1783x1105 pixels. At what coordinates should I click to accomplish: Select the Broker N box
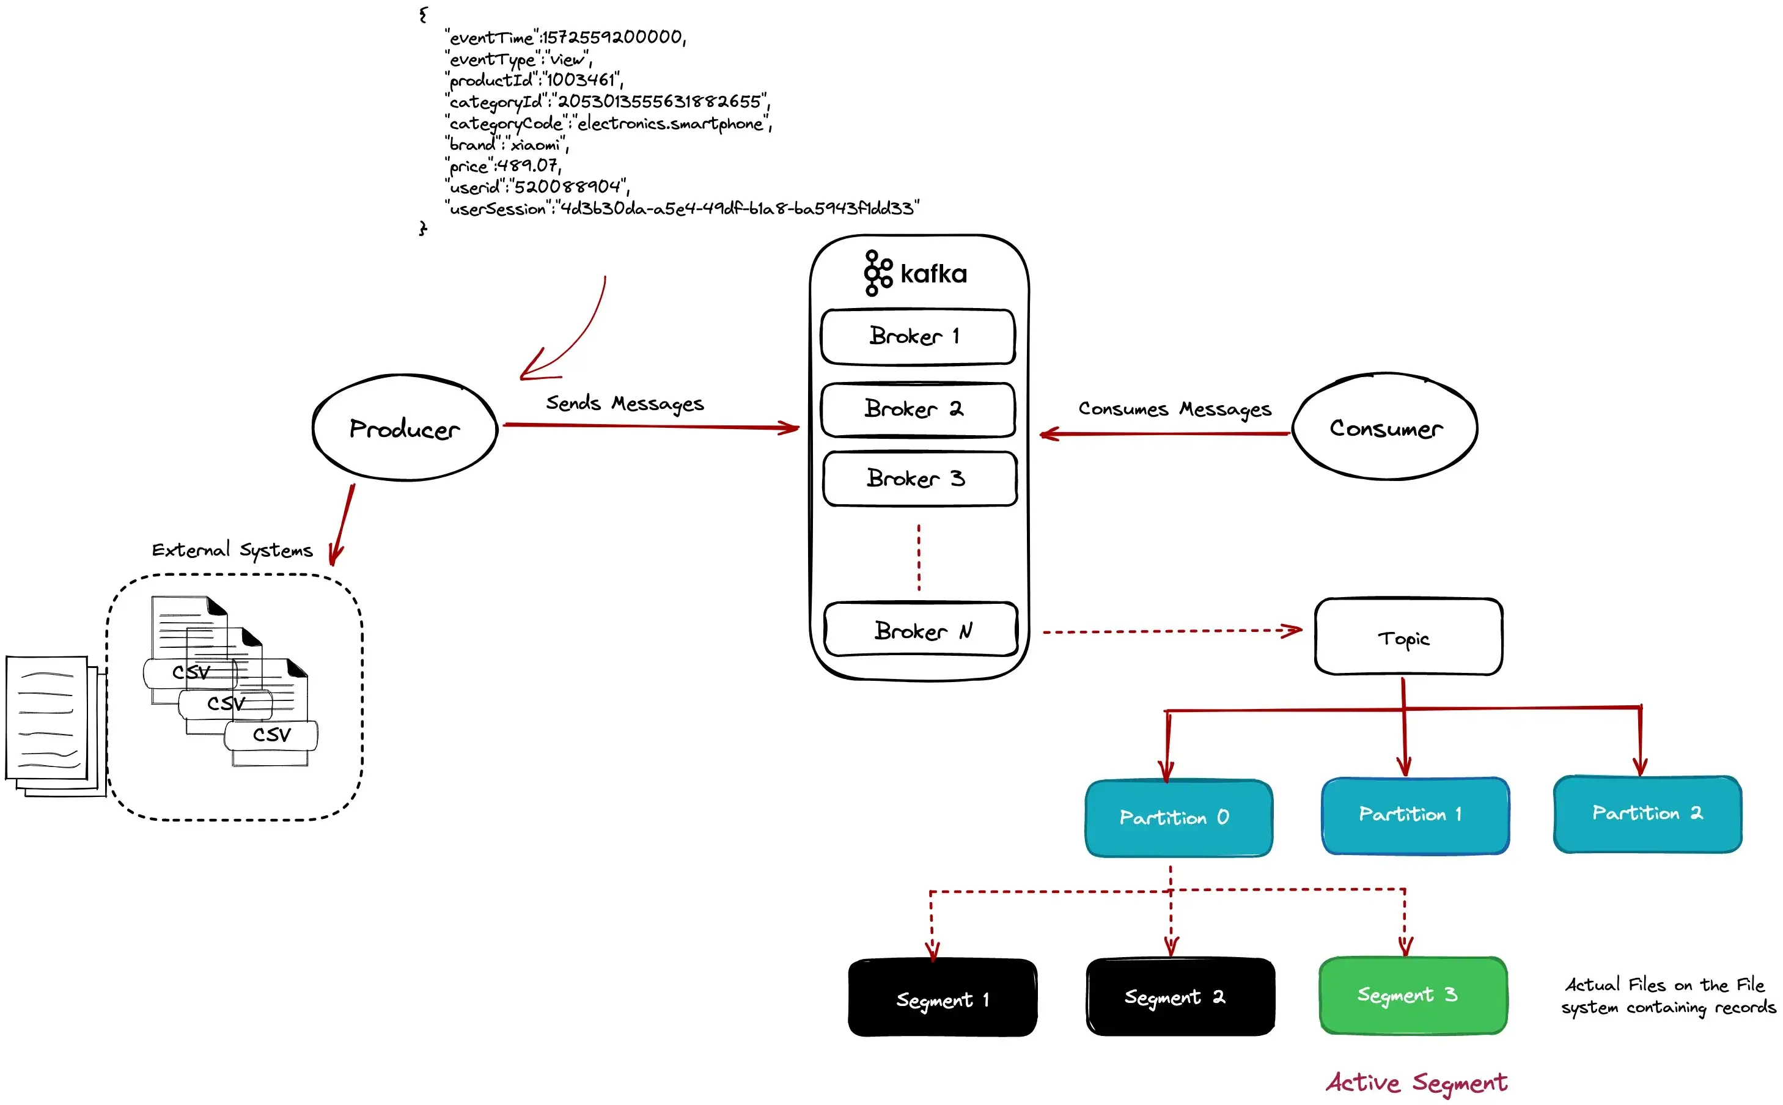point(920,630)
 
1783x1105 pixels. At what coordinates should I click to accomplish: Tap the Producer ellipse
point(405,429)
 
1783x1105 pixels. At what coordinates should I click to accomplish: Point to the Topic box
point(1408,637)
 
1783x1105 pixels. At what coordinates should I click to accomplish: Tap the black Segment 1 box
point(942,998)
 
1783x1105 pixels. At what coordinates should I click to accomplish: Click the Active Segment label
point(1416,1082)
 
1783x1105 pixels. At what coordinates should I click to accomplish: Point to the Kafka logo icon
point(877,273)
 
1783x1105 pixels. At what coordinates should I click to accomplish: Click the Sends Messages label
point(625,403)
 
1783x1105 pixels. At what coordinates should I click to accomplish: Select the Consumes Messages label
point(1174,409)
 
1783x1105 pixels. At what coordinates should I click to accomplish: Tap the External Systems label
point(232,550)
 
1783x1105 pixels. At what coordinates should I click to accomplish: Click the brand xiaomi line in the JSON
point(506,145)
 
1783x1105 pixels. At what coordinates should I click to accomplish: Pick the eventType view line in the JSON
point(518,59)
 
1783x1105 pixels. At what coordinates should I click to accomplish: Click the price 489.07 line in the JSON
point(502,166)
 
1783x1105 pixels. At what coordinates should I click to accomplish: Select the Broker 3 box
point(919,479)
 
